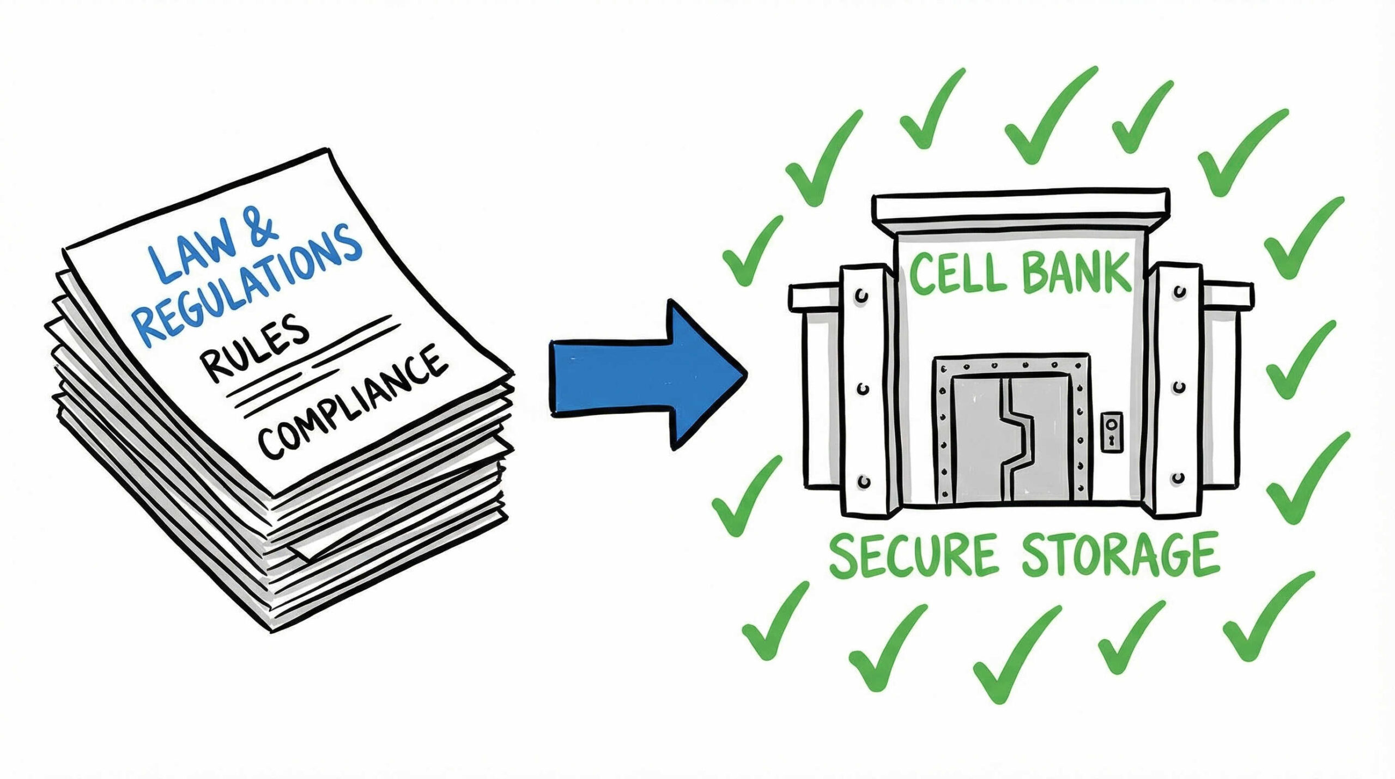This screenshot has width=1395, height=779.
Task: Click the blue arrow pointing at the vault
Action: pos(643,376)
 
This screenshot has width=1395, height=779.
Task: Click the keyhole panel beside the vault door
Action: pos(1112,431)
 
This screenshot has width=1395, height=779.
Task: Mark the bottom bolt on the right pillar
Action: pos(1179,478)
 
